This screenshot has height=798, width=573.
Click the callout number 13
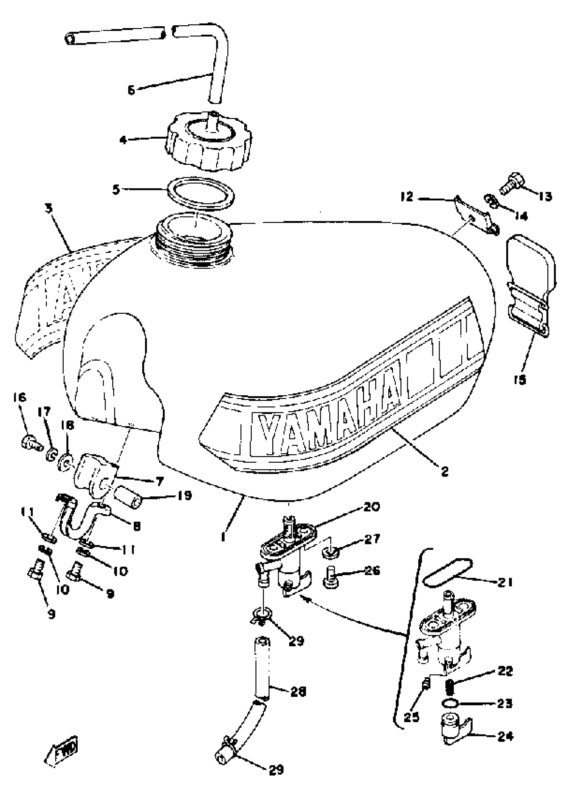(545, 196)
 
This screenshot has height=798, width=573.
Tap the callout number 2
(445, 472)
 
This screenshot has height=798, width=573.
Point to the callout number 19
(184, 496)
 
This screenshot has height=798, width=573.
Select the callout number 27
(371, 539)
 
